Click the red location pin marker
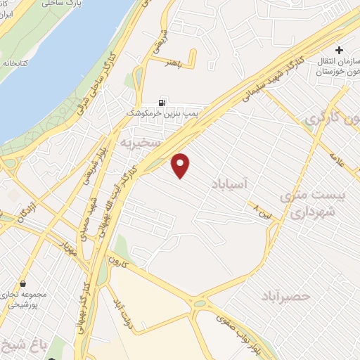point(181,165)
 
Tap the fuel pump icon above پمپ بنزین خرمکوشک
point(165,101)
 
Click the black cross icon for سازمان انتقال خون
point(339,51)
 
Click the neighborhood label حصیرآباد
point(287,296)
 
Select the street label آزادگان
point(27,209)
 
